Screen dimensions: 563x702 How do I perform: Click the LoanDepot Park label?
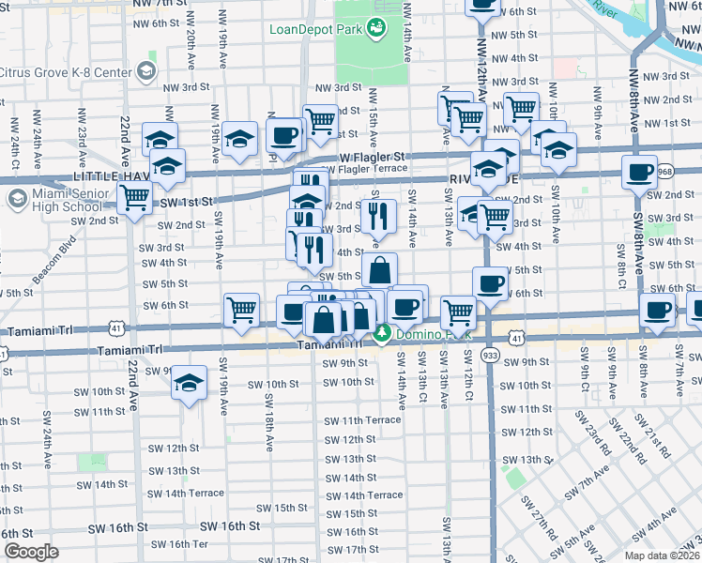tap(314, 29)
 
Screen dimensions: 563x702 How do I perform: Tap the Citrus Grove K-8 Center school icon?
tap(145, 71)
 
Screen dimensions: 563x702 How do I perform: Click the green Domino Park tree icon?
tap(383, 334)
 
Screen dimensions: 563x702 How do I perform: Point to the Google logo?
tap(30, 552)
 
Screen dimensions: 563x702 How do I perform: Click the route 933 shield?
tap(489, 356)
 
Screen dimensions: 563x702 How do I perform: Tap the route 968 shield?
tap(665, 171)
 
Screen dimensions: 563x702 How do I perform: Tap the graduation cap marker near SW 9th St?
tap(189, 383)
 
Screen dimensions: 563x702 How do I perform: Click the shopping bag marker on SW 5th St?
tap(378, 270)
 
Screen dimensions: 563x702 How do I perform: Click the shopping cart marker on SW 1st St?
tap(135, 198)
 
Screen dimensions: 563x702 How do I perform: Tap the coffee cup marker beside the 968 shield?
tap(639, 173)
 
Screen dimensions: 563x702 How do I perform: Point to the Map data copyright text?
tap(662, 555)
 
